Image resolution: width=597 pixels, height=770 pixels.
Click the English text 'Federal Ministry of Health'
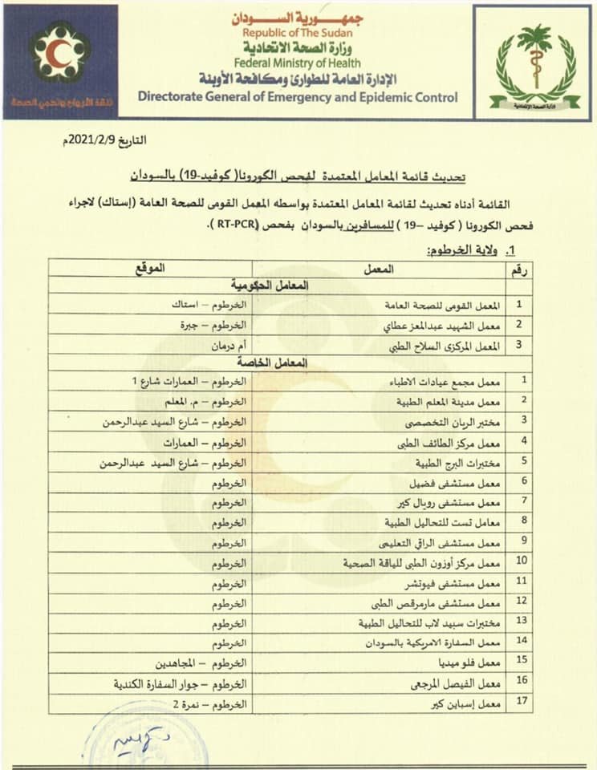pos(298,63)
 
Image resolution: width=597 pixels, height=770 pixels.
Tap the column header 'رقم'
pos(519,270)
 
